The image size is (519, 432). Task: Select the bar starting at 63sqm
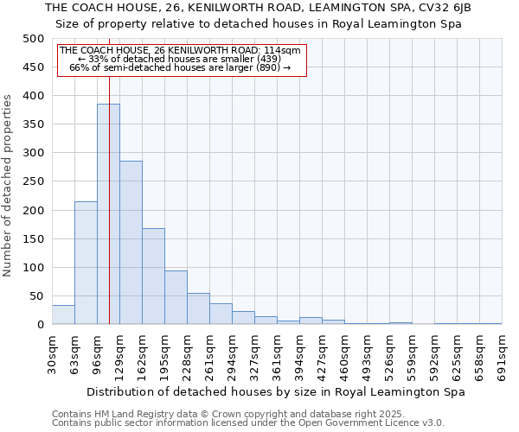click(x=86, y=263)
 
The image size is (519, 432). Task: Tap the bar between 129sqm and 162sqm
click(x=131, y=242)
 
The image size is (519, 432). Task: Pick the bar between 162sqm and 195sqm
click(x=153, y=276)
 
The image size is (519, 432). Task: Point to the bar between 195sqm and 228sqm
click(x=176, y=297)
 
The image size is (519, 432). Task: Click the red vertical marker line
click(x=110, y=173)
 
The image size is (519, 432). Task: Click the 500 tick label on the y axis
click(x=34, y=39)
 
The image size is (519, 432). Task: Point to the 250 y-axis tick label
click(x=34, y=181)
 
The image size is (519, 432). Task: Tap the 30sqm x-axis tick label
click(x=53, y=353)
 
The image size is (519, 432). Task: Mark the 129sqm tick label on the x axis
click(x=120, y=353)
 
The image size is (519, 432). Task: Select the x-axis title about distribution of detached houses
click(x=277, y=391)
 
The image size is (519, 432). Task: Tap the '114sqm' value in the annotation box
click(x=284, y=50)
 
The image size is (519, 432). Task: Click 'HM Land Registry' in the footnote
click(x=129, y=414)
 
